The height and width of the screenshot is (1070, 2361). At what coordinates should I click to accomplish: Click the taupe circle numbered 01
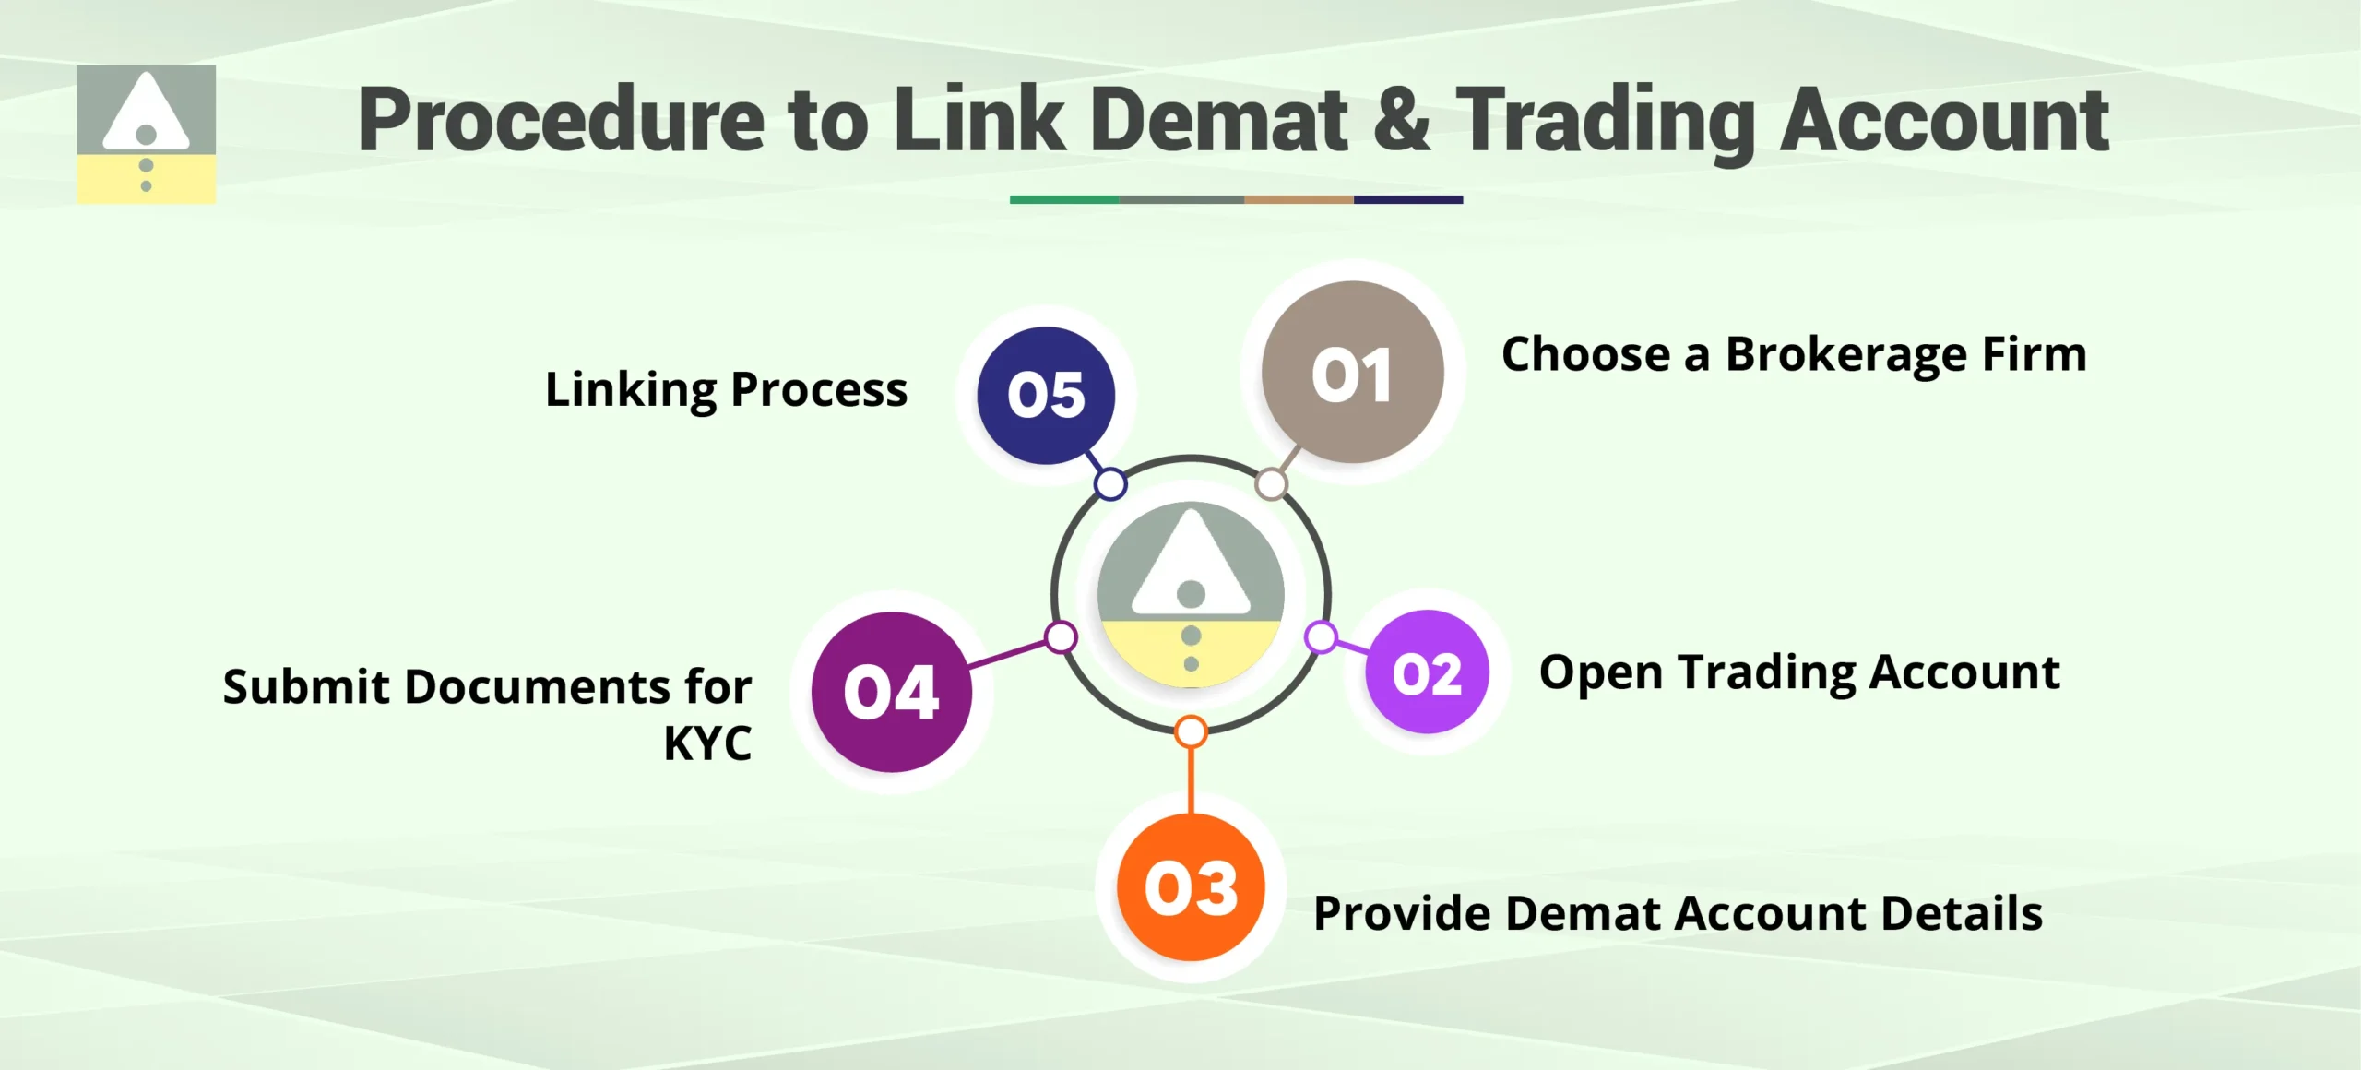click(x=1352, y=373)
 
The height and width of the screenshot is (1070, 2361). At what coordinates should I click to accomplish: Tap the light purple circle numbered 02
click(x=1427, y=672)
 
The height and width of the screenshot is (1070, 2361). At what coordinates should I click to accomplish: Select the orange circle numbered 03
click(x=1191, y=887)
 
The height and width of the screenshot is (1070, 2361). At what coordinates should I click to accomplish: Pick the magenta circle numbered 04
click(x=891, y=692)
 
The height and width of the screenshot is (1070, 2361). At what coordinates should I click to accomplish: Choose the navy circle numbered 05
click(x=1046, y=395)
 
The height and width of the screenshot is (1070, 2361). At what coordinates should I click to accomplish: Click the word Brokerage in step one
click(x=1845, y=355)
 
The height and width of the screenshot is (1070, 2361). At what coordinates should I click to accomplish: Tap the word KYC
click(x=707, y=743)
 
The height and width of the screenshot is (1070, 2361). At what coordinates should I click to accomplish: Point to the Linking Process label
click(x=726, y=390)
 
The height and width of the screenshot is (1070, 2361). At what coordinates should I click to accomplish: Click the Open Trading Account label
click(x=1798, y=673)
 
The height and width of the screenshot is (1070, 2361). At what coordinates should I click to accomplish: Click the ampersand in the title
click(x=1401, y=120)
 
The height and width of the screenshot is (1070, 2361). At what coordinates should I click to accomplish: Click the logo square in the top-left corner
click(x=146, y=134)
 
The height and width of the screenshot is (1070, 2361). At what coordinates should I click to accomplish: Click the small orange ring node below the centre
click(x=1191, y=731)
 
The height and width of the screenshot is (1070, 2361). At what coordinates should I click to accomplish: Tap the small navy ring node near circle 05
click(x=1110, y=483)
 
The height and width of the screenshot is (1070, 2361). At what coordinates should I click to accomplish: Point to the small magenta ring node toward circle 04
click(x=1061, y=636)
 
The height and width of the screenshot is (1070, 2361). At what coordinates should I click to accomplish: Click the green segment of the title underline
click(x=1063, y=199)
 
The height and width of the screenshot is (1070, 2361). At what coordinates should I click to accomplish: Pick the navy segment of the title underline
click(x=1407, y=199)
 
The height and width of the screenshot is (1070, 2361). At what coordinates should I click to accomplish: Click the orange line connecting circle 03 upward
click(x=1191, y=779)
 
